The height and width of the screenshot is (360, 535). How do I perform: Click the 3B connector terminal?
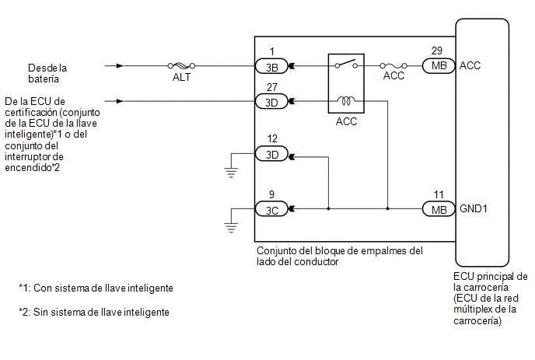(x=271, y=66)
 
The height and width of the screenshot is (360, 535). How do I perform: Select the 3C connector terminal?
(x=271, y=208)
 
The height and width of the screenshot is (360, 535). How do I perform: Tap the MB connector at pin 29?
(x=438, y=66)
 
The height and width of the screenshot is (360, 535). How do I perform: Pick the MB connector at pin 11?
(x=438, y=208)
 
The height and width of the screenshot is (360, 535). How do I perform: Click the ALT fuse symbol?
(x=181, y=66)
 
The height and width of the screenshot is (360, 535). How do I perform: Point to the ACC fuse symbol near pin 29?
(x=394, y=66)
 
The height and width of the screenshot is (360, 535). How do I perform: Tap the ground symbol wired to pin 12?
(x=230, y=171)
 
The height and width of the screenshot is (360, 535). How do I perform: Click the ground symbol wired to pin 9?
(x=230, y=225)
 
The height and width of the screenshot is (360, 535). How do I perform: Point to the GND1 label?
(x=474, y=208)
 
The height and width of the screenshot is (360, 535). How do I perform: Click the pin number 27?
(x=271, y=86)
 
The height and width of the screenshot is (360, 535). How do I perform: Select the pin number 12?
(x=271, y=139)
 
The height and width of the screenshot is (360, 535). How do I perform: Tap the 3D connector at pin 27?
(x=271, y=101)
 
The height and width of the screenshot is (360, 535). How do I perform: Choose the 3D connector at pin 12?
(x=271, y=154)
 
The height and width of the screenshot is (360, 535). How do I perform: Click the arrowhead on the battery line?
(x=118, y=66)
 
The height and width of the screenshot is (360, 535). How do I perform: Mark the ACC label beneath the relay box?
(x=346, y=122)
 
